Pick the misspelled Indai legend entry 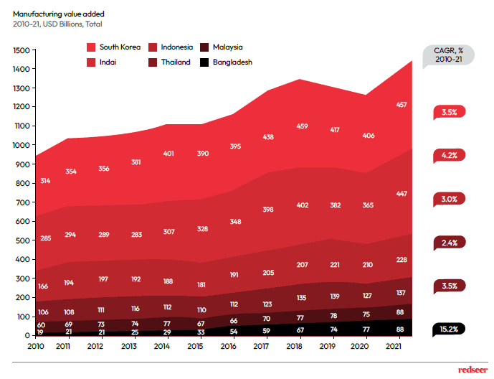108,62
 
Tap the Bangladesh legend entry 227,62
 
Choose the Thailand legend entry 175,62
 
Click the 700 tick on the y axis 22,202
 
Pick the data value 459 303,127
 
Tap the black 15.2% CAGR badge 449,329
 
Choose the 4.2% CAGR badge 449,154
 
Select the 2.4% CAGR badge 449,243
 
